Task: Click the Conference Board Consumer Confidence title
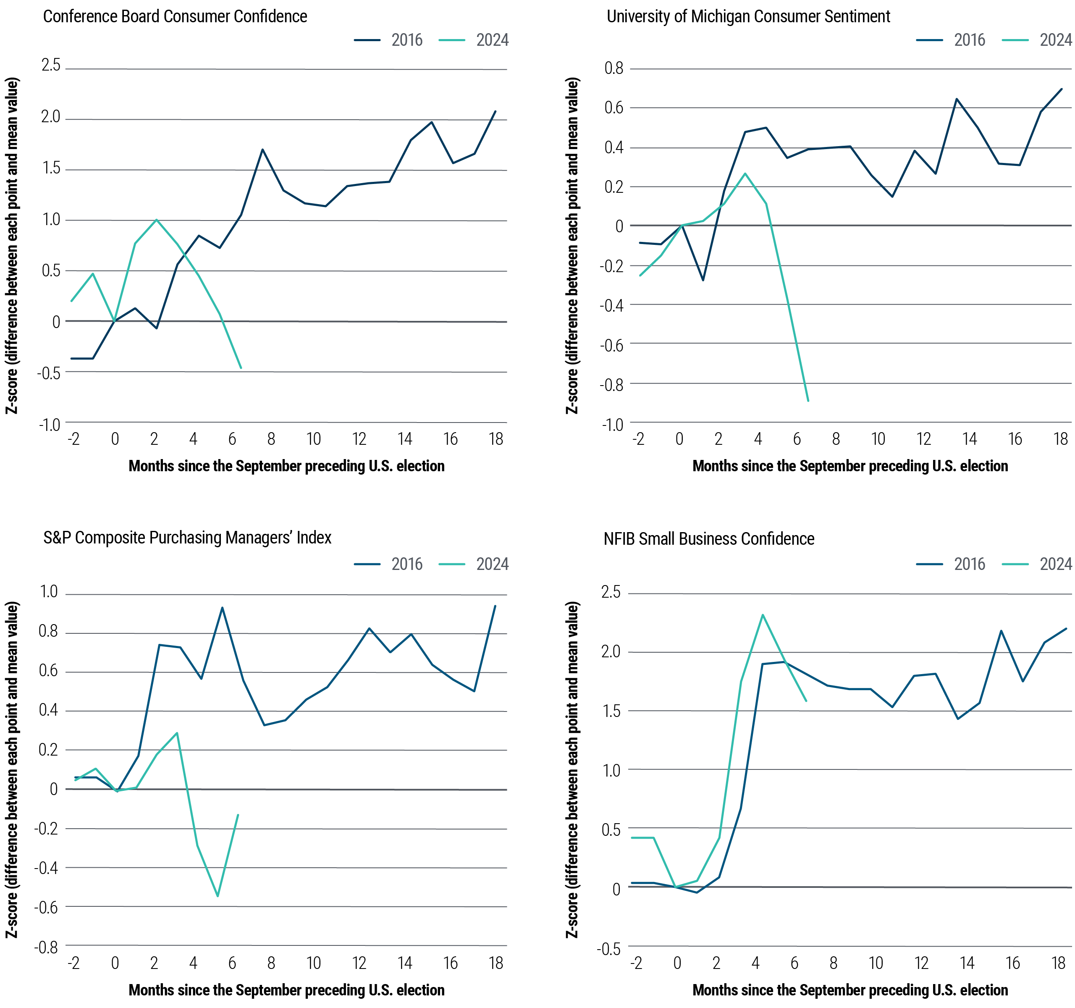point(175,17)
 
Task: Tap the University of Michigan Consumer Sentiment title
point(748,17)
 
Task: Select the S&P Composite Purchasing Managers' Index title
point(187,538)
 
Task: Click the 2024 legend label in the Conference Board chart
point(492,40)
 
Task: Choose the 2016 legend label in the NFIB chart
point(969,564)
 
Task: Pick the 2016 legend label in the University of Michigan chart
point(969,40)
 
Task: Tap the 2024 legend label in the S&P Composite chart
point(492,564)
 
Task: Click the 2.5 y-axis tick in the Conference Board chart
point(51,66)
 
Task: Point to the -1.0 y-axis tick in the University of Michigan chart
point(612,425)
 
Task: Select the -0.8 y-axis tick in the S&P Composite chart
point(47,947)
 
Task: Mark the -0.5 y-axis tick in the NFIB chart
point(609,949)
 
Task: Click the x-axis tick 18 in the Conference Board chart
point(496,439)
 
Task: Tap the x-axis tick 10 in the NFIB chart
point(876,963)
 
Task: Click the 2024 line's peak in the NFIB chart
point(763,615)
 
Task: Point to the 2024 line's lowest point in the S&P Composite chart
point(218,896)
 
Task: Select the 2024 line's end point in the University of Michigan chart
point(808,401)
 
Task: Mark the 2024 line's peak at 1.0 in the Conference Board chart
point(156,220)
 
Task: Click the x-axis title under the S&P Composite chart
point(286,990)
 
